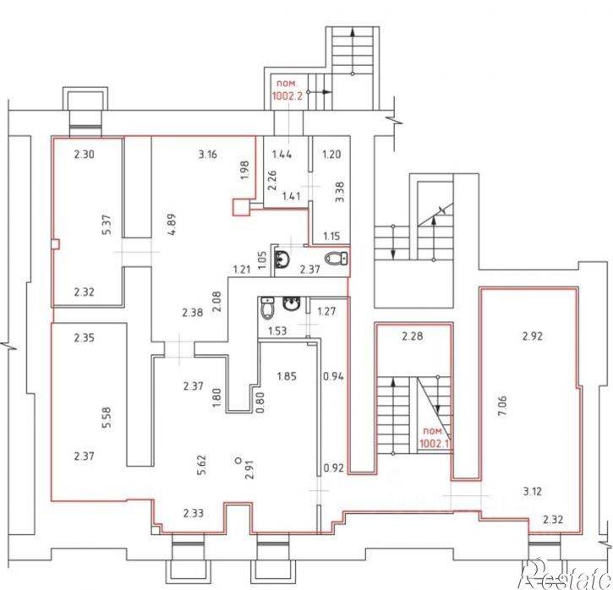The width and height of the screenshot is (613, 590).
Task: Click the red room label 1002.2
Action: pyautogui.click(x=287, y=96)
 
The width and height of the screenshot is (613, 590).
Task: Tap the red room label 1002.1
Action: pyautogui.click(x=434, y=443)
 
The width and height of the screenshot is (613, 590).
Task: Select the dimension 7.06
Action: pyautogui.click(x=503, y=407)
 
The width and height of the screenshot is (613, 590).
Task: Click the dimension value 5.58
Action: pyautogui.click(x=107, y=418)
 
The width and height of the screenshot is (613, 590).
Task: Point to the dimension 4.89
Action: pyautogui.click(x=172, y=224)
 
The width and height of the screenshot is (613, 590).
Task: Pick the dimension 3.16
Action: pyautogui.click(x=207, y=154)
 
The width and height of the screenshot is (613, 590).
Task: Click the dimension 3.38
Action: pyautogui.click(x=340, y=192)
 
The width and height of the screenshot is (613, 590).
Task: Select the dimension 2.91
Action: pyautogui.click(x=249, y=469)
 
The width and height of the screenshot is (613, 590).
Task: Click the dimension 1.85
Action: pyautogui.click(x=287, y=376)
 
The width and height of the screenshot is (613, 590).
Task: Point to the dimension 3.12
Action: pyautogui.click(x=533, y=491)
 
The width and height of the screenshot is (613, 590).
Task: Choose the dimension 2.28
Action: pyautogui.click(x=413, y=336)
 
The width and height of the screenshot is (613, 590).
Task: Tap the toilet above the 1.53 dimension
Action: pyautogui.click(x=267, y=309)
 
